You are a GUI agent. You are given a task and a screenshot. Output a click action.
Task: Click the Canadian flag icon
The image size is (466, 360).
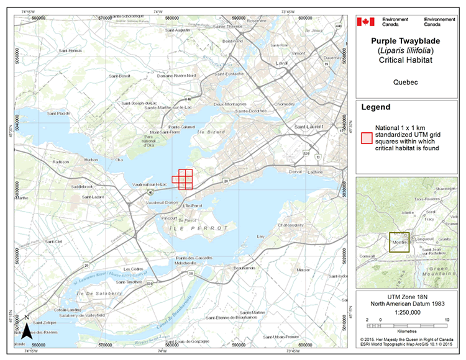(366, 22)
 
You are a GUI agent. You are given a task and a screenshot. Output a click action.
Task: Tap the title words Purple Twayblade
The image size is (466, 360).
(409, 39)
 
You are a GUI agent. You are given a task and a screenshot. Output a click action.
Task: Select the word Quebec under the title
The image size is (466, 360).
(409, 81)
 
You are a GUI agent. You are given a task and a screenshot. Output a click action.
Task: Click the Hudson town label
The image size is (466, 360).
(91, 160)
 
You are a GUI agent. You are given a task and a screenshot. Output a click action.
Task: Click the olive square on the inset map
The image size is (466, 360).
(398, 243)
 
